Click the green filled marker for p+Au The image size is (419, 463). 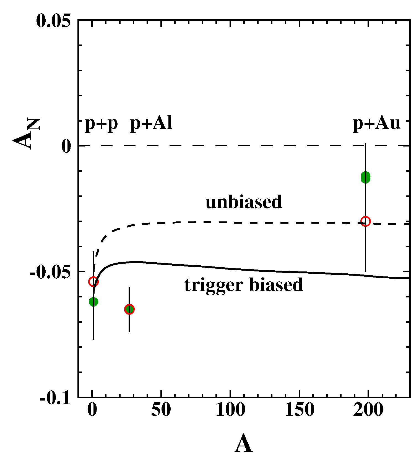pyautogui.click(x=365, y=177)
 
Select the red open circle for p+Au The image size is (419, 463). pyautogui.click(x=365, y=221)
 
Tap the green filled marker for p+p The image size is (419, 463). pyautogui.click(x=93, y=302)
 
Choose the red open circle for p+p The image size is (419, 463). pyautogui.click(x=93, y=282)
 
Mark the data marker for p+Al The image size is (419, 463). pyautogui.click(x=129, y=309)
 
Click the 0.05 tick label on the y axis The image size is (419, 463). pyautogui.click(x=53, y=21)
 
